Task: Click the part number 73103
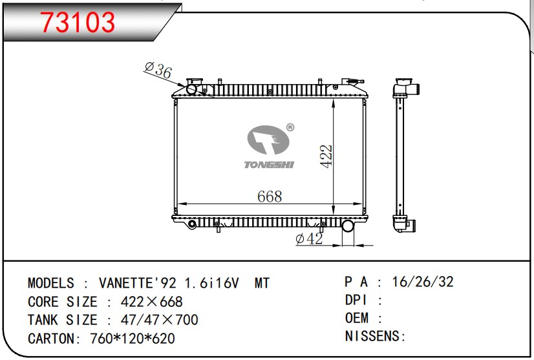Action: (78, 23)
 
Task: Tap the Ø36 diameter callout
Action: (158, 70)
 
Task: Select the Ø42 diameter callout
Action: (309, 239)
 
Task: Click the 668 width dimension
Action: (270, 196)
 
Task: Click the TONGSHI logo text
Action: (269, 165)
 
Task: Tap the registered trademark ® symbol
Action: (290, 127)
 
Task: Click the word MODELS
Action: (51, 283)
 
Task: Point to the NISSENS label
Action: (372, 336)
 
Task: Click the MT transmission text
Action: (262, 283)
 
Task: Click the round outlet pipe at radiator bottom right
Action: (348, 226)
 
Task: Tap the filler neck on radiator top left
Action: (193, 89)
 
